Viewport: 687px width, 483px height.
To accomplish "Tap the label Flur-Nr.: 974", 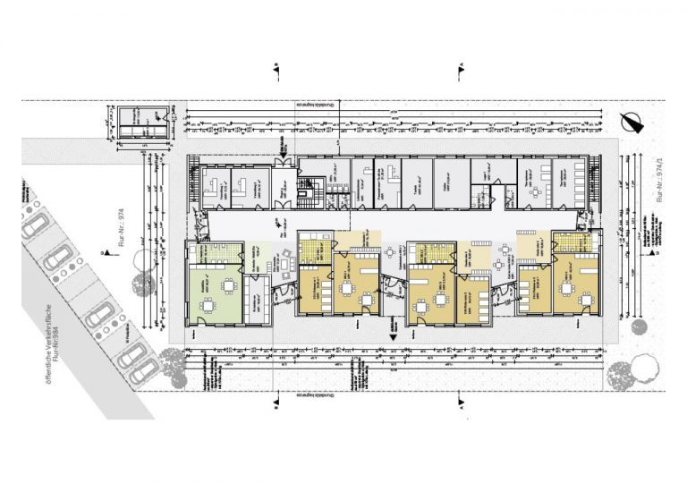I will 119,229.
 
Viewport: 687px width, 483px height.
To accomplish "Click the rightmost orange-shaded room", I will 575,285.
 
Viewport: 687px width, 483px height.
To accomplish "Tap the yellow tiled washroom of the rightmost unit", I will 569,241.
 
